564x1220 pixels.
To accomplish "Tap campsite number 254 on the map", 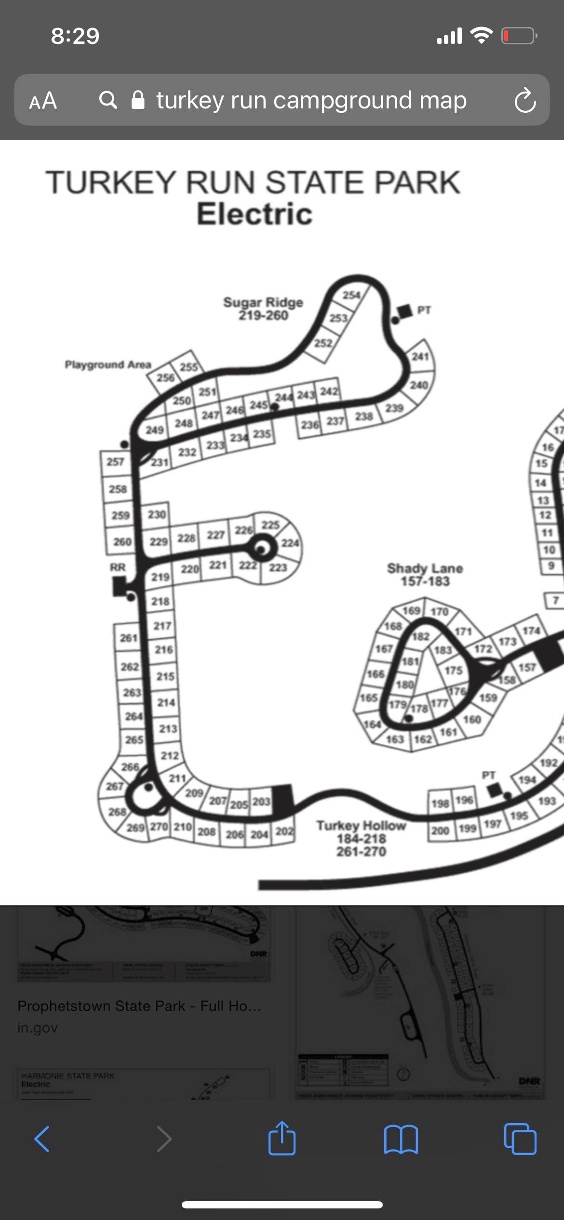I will [x=351, y=294].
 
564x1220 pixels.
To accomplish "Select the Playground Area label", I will [x=108, y=364].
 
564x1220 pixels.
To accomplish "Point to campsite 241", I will [x=420, y=357].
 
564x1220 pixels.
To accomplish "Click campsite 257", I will [x=115, y=462].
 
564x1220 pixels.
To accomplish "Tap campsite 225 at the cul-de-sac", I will [x=270, y=525].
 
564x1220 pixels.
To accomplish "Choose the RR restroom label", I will [x=118, y=567].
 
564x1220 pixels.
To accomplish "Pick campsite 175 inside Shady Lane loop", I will [x=453, y=670].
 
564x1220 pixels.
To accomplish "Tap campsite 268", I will [x=117, y=812].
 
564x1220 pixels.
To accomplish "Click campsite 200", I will [x=440, y=830].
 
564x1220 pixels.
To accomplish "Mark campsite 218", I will [x=160, y=601].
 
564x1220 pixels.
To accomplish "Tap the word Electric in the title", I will [x=255, y=214].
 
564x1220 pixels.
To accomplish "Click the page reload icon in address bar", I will [x=524, y=100].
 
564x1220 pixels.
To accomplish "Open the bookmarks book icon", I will [x=401, y=1139].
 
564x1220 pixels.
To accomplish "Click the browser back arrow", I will [x=42, y=1139].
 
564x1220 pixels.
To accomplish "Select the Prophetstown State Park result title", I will [x=139, y=1006].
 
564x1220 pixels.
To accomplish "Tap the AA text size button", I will [x=43, y=100].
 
